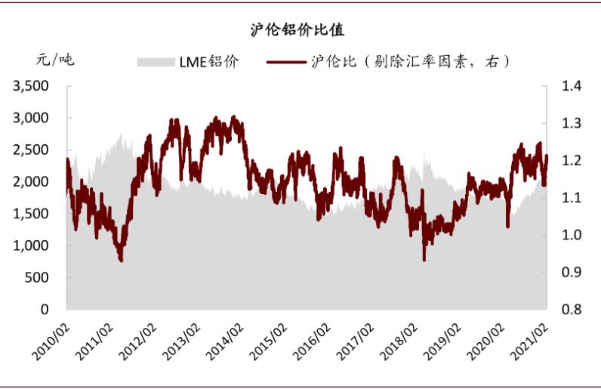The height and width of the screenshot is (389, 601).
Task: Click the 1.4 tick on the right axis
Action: point(572,87)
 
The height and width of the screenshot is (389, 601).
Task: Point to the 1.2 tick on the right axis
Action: point(572,161)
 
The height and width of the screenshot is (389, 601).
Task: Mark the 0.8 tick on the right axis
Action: point(572,310)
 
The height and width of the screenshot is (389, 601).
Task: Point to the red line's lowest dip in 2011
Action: point(121,260)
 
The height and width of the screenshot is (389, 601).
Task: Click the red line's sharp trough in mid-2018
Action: point(424,259)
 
